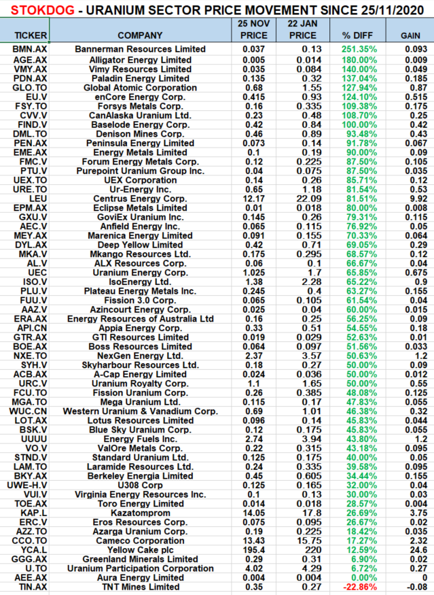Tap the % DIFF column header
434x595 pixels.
tap(355, 35)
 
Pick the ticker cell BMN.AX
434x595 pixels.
tap(25, 49)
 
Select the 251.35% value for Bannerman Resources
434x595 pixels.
tap(355, 49)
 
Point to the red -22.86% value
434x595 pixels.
tap(355, 586)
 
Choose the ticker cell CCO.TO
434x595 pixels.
tap(25, 540)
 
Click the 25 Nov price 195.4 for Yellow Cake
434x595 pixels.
tap(254, 549)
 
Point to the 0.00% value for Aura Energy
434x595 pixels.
tap(355, 577)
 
